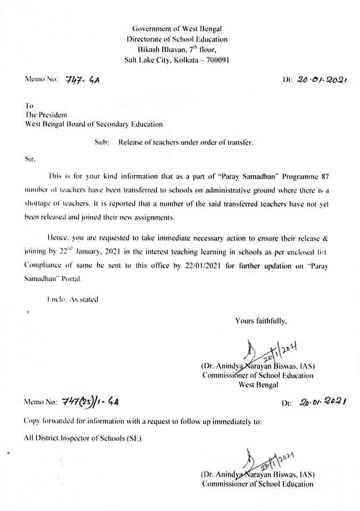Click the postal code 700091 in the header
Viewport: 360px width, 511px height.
click(x=216, y=60)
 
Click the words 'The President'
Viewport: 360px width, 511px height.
click(x=46, y=114)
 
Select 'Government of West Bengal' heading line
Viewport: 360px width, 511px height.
click(x=177, y=29)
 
